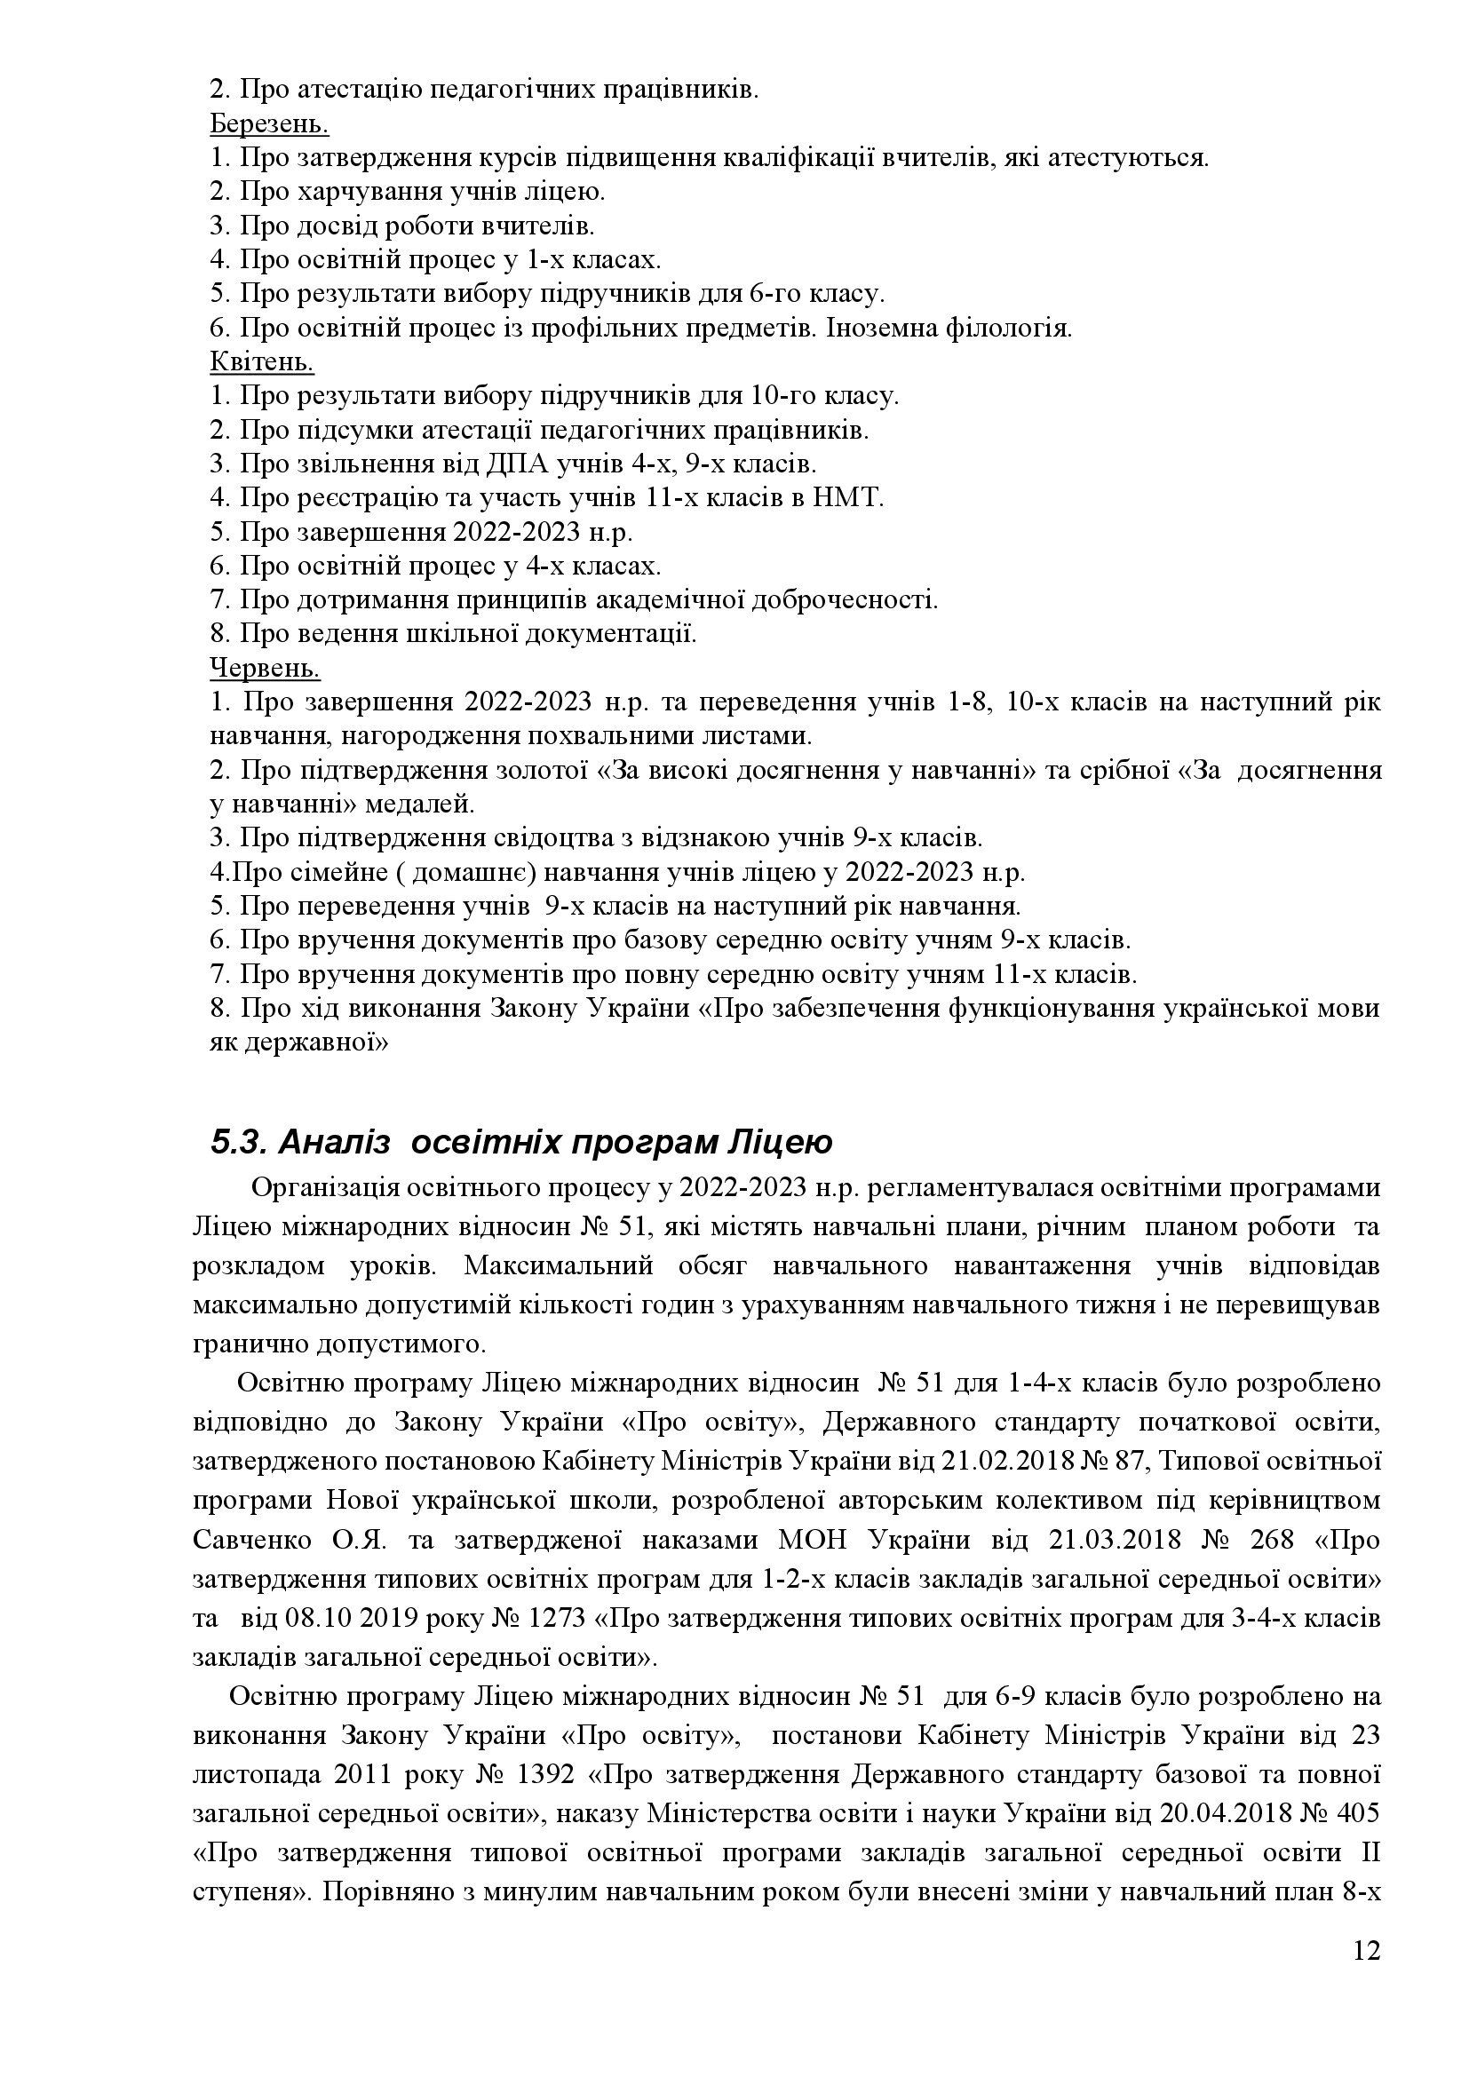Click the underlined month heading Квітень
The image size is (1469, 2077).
tap(261, 363)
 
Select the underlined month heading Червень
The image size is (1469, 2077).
tap(264, 669)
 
